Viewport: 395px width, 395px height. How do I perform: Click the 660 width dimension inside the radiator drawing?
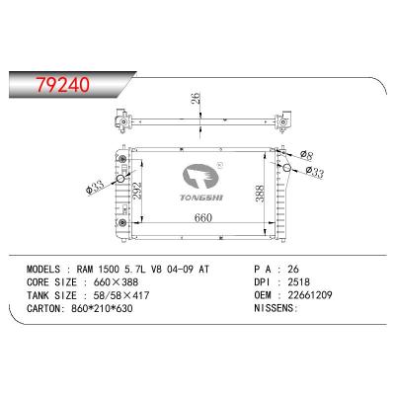click(204, 218)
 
